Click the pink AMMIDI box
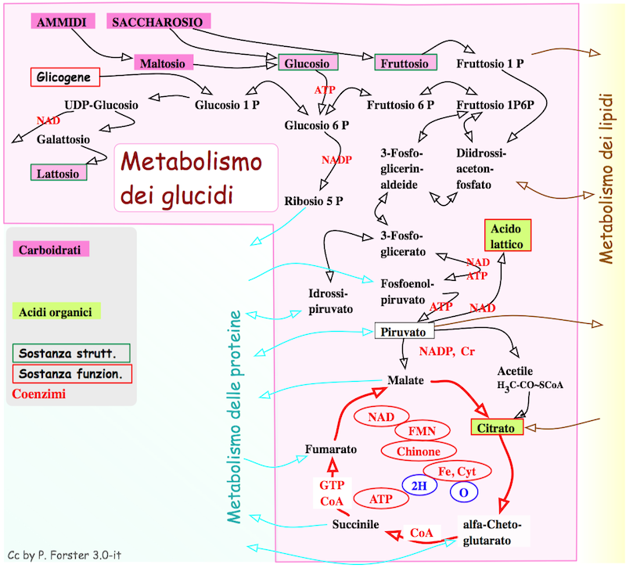62,22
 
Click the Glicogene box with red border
65,77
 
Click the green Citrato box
496,428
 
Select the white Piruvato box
403,332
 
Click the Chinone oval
419,451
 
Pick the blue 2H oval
419,486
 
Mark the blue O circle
463,491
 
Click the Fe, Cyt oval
456,471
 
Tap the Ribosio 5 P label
314,200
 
